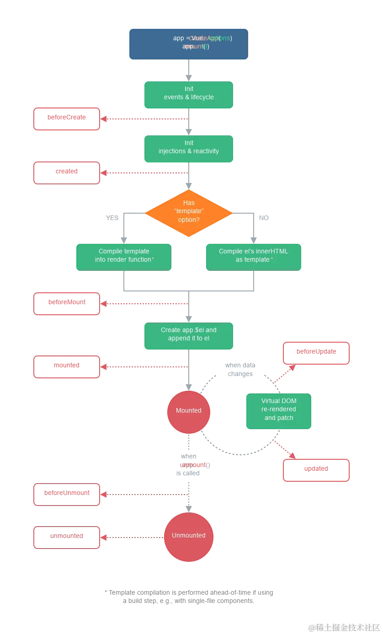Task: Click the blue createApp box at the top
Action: click(188, 43)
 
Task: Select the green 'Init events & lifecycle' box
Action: click(188, 95)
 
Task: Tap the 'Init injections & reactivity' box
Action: click(188, 149)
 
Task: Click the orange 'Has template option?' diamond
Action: click(189, 213)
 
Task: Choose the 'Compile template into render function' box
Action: click(123, 257)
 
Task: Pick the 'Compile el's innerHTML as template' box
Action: click(254, 257)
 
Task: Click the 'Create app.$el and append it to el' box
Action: click(188, 336)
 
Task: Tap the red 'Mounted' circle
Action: click(188, 411)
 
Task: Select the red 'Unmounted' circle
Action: click(188, 536)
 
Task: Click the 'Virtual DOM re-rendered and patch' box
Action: click(278, 410)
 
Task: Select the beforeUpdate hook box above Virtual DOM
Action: click(316, 353)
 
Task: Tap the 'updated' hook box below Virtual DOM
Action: click(316, 470)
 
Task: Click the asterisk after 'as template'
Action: click(272, 259)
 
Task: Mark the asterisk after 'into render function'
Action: click(153, 259)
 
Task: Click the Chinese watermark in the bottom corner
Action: click(344, 627)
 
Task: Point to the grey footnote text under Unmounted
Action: click(188, 597)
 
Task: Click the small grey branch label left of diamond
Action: click(113, 218)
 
